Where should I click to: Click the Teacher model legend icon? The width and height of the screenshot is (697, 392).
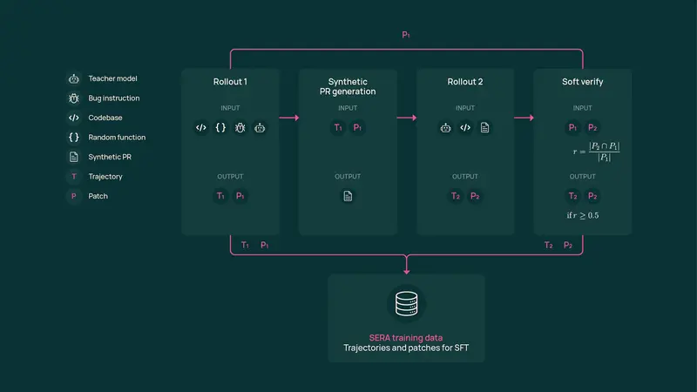point(74,78)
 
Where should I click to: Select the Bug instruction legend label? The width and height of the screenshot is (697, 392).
point(114,98)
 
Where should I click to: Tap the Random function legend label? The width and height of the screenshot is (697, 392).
point(117,138)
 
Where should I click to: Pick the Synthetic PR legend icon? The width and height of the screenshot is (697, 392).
point(74,157)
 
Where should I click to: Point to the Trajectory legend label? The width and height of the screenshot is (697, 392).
point(105,177)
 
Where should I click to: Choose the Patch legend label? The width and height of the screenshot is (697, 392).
point(98,196)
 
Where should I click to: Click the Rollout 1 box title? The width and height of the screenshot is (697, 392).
point(230,82)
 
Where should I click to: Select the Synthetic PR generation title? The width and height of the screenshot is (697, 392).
point(348,86)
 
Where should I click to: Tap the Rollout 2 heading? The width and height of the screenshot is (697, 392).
point(465,82)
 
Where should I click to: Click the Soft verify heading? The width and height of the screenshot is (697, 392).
point(582,82)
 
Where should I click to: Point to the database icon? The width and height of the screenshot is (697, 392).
point(406,303)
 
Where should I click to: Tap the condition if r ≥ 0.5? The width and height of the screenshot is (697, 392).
point(583,214)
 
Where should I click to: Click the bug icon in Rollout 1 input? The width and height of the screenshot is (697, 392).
point(240,127)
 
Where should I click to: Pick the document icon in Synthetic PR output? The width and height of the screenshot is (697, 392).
point(348,196)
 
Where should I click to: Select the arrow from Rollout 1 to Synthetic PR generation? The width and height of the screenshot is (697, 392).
point(289,118)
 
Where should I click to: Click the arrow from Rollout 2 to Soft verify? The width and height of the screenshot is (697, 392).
point(524,118)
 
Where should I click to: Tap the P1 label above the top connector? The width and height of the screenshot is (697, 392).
point(406,36)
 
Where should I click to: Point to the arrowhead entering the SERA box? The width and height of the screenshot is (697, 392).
point(406,269)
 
